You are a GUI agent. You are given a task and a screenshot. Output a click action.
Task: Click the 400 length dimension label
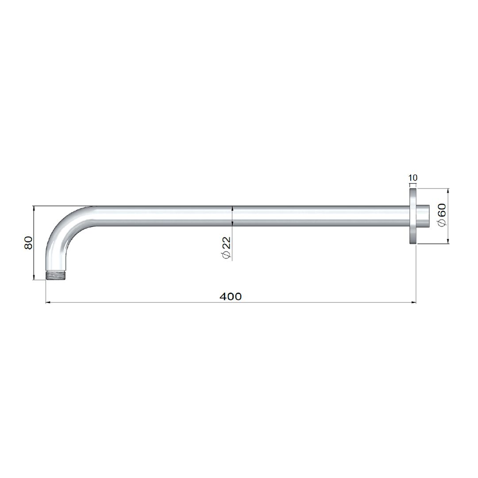coord(231,297)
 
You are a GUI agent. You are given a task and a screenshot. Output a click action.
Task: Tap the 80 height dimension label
coord(28,243)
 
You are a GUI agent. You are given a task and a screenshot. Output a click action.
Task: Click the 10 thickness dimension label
coord(412,178)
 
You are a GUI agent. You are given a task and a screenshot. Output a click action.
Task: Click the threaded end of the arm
coord(56,275)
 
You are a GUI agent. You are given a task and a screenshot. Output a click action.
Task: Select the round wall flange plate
coord(412,216)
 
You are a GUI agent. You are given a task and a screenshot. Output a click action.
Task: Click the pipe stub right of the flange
coord(423,216)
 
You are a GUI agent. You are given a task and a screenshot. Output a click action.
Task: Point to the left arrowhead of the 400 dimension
coord(48,302)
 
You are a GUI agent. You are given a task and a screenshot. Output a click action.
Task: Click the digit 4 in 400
coord(224,297)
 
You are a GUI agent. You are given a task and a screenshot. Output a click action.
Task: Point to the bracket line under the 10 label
coord(412,183)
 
